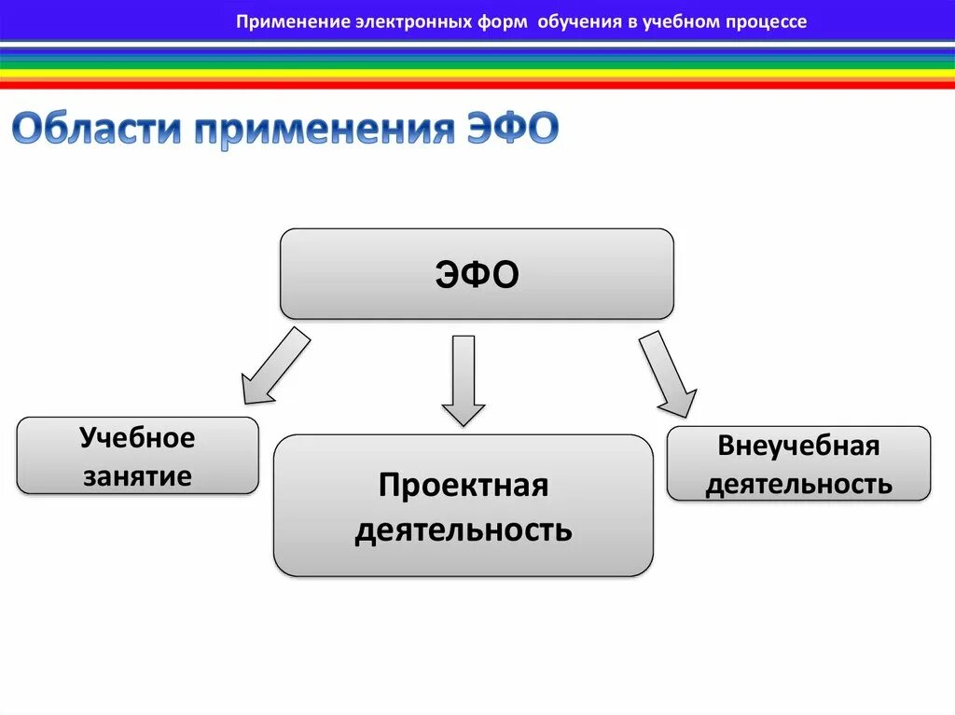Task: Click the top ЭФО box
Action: click(477, 274)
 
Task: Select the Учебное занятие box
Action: click(137, 456)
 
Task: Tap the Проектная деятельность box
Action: click(463, 505)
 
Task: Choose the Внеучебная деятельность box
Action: click(798, 463)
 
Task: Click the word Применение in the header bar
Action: click(291, 21)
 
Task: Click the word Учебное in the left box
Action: click(137, 438)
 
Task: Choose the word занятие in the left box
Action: click(137, 476)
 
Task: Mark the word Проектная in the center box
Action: click(463, 486)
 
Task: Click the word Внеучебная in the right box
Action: click(798, 446)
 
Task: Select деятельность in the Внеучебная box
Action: click(798, 484)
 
